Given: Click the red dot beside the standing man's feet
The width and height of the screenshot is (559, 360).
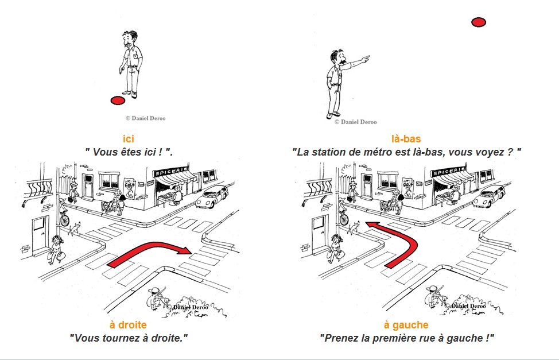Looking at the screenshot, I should tap(117, 100).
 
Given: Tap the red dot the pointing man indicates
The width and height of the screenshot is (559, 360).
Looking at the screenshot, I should tap(478, 22).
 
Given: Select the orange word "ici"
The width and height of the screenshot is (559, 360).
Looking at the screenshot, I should tap(128, 139).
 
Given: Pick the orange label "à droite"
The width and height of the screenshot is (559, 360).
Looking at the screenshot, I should tap(128, 325).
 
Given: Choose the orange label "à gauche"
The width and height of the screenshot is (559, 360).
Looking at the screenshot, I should tap(406, 325).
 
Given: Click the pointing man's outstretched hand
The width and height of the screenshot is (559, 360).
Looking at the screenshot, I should tap(366, 57).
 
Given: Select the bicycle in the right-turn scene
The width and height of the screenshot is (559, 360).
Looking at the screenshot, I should tap(64, 218).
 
